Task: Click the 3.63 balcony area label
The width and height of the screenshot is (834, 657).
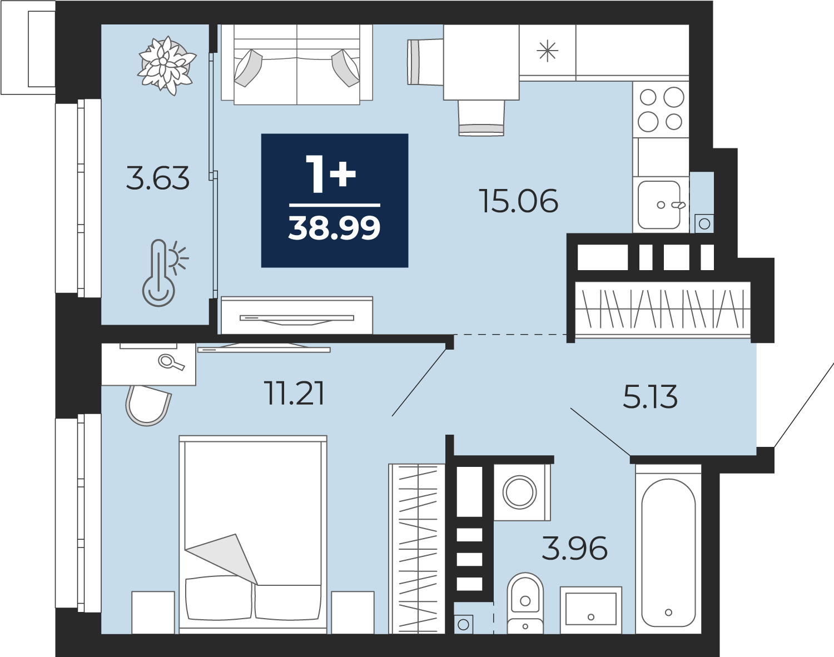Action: coord(158,178)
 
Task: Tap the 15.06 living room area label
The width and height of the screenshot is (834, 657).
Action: coord(519,201)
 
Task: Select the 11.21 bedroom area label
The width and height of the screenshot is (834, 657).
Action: coord(294,393)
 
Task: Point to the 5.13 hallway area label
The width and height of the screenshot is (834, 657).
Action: coord(650,396)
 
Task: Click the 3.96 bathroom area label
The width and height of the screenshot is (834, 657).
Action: coord(574,547)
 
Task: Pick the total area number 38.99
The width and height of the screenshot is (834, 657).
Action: coord(334,228)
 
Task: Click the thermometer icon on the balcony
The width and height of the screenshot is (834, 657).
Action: coord(163,273)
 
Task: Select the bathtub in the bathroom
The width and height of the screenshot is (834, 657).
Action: coord(668,550)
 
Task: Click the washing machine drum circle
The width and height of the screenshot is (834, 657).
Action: coord(519,492)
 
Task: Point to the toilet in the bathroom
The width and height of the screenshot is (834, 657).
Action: coord(525,604)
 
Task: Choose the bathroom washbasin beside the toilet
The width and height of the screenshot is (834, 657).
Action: coord(590,610)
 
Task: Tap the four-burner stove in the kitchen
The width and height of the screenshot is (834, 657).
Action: coord(661,109)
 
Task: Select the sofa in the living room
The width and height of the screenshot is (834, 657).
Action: coord(297,64)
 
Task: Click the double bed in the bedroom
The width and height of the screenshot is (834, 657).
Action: coord(253,535)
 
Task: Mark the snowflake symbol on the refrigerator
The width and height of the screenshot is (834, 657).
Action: coord(547,52)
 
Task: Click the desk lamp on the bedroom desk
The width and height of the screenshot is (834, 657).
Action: coord(171,362)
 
